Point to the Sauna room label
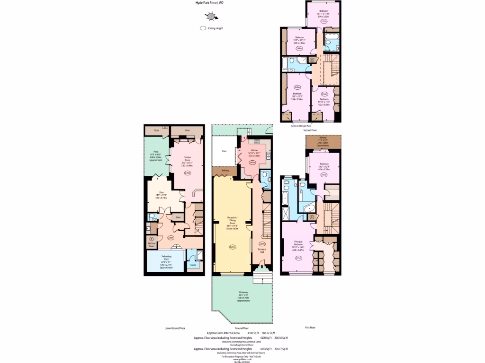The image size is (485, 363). click(193, 265)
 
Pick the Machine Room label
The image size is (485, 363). click(151, 245)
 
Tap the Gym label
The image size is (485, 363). click(162, 192)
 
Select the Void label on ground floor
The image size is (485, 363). click(224, 151)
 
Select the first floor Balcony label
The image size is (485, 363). click(323, 138)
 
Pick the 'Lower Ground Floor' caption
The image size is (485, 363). click(174, 328)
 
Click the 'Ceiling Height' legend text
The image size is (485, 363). click(215, 28)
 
